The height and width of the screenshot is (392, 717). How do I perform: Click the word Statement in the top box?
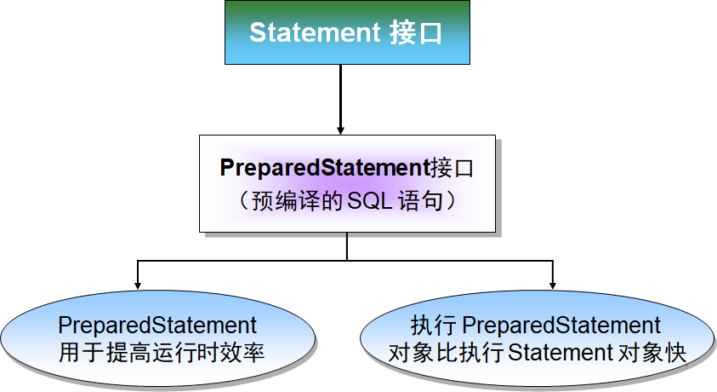tap(315, 32)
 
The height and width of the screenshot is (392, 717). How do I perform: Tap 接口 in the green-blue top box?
tap(416, 33)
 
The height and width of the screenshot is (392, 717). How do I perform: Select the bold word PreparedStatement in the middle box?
tap(324, 168)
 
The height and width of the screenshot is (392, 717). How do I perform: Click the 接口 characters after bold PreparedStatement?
tap(452, 168)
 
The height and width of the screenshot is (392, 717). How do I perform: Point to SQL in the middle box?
tap(369, 200)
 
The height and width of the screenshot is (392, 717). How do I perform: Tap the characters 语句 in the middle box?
tap(420, 200)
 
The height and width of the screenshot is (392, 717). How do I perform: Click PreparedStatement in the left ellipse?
tap(157, 326)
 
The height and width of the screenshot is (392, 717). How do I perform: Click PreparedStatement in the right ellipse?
tap(561, 326)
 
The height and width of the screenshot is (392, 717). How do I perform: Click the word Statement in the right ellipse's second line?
tap(561, 353)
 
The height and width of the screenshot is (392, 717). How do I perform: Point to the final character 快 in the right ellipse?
tap(675, 353)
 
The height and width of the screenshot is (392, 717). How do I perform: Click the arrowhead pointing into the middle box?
tap(340, 130)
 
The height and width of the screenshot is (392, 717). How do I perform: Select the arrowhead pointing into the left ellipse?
tap(138, 285)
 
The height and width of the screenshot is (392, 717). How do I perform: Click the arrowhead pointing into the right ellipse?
tap(552, 285)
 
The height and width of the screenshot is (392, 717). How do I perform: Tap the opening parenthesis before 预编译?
tap(244, 200)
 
